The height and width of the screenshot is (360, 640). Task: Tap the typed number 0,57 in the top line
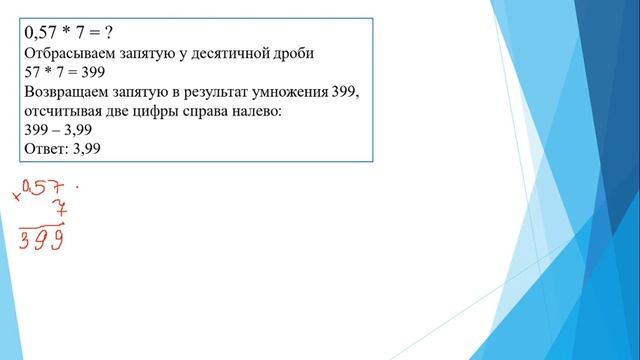pos(44,31)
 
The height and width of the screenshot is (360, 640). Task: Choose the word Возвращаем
pos(72,92)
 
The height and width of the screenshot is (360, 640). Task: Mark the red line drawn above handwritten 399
pos(45,225)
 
